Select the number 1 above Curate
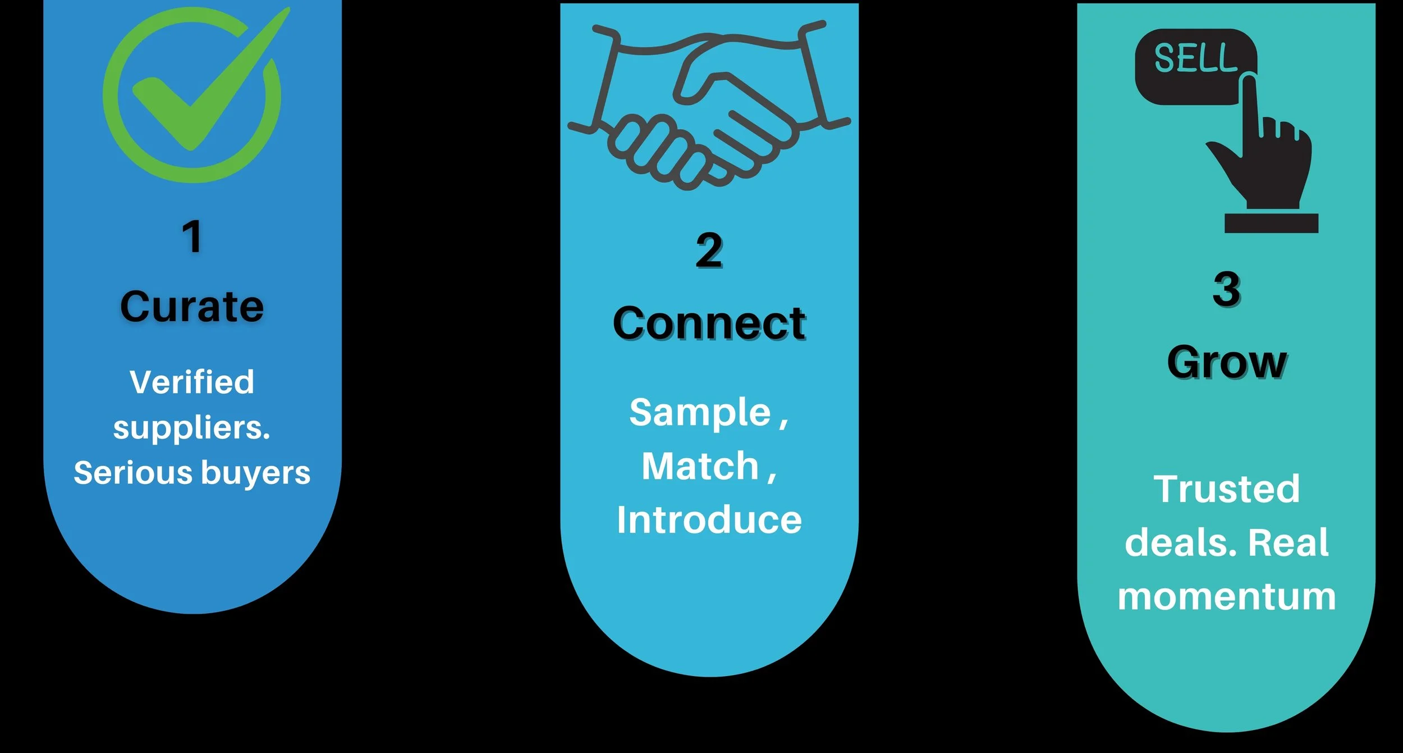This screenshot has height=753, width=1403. pos(192,236)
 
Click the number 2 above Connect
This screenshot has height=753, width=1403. pos(709,250)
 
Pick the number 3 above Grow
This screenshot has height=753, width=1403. pos(1227,289)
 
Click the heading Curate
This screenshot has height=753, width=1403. pos(192,307)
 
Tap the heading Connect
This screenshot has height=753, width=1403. pos(709,323)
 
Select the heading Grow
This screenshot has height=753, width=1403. pos(1227,363)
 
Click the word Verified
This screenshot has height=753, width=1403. pos(192,382)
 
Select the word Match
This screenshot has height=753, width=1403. pos(700,467)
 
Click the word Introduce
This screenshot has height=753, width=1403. pos(709,520)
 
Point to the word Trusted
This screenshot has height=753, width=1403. pos(1227,489)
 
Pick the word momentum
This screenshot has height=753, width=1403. pos(1227,596)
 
